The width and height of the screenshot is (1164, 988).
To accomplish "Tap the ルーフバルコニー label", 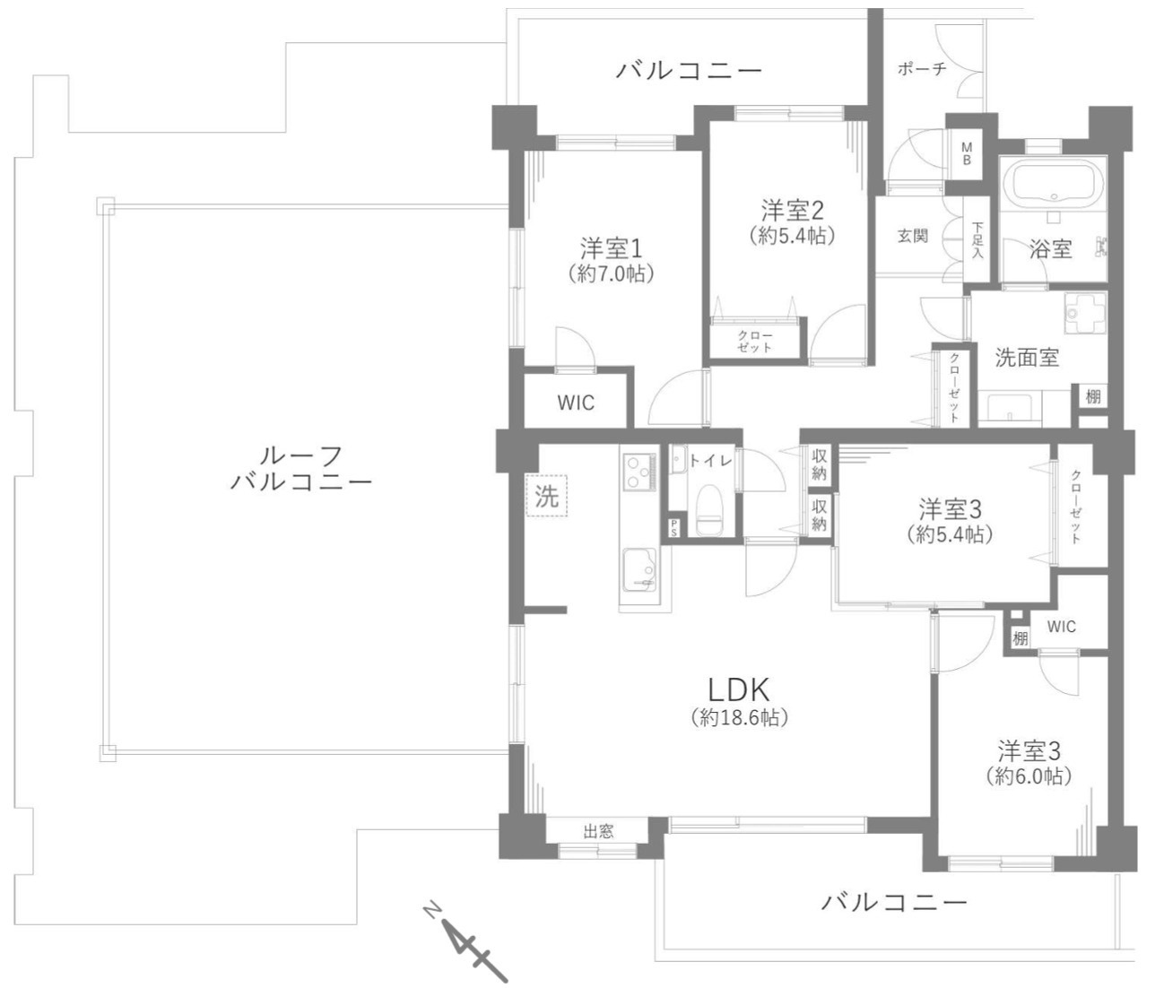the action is click(x=302, y=468).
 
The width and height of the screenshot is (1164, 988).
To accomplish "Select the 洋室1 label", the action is click(x=612, y=248).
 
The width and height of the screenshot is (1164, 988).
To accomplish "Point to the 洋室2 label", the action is click(x=792, y=211).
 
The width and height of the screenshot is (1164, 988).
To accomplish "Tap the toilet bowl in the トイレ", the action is click(x=709, y=510).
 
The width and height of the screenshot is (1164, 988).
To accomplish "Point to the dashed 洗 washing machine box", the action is click(x=546, y=496).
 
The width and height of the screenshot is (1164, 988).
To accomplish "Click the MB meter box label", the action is click(x=967, y=153).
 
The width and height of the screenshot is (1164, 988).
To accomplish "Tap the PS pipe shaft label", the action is click(x=673, y=528).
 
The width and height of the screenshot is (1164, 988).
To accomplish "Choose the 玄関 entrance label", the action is click(x=912, y=236).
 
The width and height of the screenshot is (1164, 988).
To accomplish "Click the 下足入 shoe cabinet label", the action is click(x=977, y=241).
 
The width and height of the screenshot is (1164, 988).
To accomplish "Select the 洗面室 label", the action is click(x=1027, y=358).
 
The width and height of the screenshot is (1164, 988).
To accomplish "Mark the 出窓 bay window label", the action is click(x=598, y=831).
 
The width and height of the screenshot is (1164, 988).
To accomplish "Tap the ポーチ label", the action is click(x=922, y=69).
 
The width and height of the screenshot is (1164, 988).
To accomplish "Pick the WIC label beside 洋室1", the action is click(x=576, y=403).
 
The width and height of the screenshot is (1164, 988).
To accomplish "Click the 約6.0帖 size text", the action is click(x=1029, y=777).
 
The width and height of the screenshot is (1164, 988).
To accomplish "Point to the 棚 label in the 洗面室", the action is click(x=1092, y=396).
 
